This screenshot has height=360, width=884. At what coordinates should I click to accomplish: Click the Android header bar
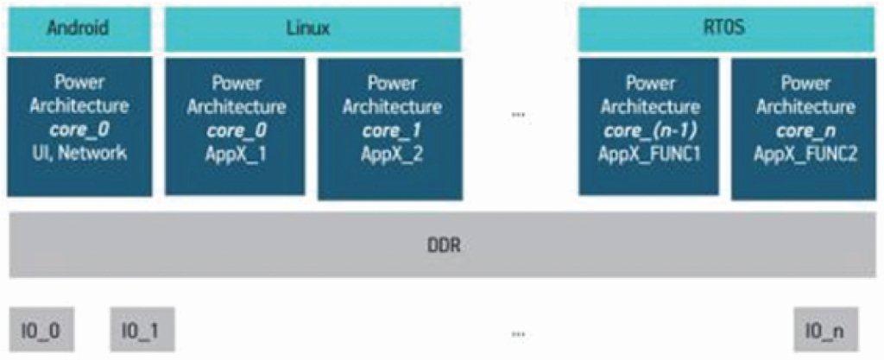pos(79,28)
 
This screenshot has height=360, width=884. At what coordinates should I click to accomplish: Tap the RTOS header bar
pos(723,28)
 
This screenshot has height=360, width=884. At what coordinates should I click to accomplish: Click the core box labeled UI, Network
pos(79,126)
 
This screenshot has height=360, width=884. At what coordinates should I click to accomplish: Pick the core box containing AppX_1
pos(236,126)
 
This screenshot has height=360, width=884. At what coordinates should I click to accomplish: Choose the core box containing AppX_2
pos(390,126)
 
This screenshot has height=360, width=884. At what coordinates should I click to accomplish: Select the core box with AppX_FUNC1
pos(650,126)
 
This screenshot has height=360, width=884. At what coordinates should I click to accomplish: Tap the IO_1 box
pos(142,329)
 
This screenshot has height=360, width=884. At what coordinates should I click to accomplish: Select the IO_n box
pos(826,329)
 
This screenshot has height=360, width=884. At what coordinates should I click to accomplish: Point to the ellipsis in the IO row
pos(518,332)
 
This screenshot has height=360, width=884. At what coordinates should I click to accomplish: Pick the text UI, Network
pos(79,153)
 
